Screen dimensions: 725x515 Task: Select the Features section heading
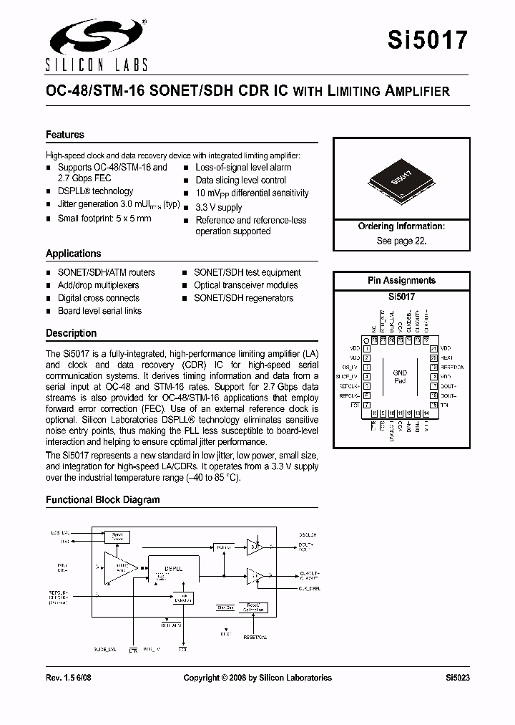(65, 135)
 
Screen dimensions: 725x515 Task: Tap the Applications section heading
(74, 254)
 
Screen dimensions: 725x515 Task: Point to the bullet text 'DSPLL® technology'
(95, 191)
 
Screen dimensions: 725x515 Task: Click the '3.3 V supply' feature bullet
(219, 207)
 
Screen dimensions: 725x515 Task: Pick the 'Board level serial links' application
(99, 311)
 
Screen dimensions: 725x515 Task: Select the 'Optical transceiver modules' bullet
(245, 285)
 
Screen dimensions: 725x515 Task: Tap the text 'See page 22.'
(401, 241)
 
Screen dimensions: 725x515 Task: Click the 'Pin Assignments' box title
(401, 280)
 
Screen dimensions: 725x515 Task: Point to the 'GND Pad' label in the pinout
(400, 377)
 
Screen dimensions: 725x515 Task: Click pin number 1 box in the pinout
(367, 347)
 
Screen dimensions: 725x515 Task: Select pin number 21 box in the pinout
(433, 347)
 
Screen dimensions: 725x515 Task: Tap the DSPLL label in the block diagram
(175, 568)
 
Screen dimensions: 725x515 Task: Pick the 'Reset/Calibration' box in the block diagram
(253, 608)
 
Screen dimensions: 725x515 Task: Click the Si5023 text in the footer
(456, 678)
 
